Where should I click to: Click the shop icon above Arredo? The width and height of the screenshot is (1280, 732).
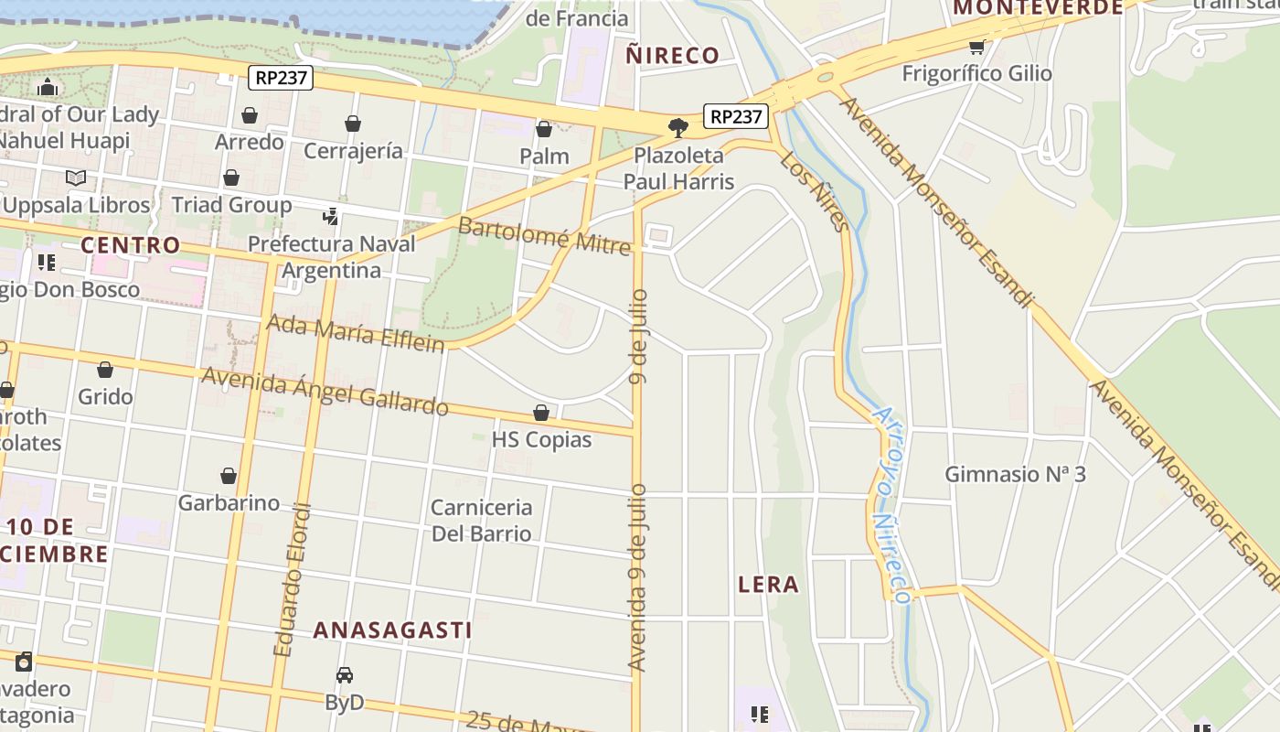[x=249, y=115]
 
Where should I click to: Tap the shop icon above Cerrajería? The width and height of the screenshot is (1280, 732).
[x=353, y=124]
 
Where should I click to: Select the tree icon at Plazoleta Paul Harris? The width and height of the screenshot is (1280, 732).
[x=677, y=127]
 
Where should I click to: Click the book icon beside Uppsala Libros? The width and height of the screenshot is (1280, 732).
[x=76, y=178]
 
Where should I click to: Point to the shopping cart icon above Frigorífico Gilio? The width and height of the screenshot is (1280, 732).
[x=976, y=47]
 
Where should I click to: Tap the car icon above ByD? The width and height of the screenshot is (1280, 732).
[x=345, y=675]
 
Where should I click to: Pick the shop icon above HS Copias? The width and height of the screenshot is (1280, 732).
[x=541, y=413]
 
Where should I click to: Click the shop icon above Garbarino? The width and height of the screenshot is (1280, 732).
[x=229, y=476]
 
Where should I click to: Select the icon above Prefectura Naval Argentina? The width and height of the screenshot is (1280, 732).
[x=331, y=217]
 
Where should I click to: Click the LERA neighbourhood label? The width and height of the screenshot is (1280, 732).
[x=768, y=584]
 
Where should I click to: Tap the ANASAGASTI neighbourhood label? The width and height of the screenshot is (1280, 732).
[x=392, y=630]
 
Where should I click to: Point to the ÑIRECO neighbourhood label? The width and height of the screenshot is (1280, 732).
[x=672, y=55]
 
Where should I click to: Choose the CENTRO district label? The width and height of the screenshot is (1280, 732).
[x=130, y=245]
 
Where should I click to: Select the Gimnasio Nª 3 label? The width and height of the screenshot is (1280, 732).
[x=1015, y=474]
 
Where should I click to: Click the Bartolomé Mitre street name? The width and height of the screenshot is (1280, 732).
[x=544, y=234]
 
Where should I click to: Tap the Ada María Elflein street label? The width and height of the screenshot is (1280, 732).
[x=355, y=333]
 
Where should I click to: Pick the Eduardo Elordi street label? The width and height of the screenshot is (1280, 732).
[x=293, y=580]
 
